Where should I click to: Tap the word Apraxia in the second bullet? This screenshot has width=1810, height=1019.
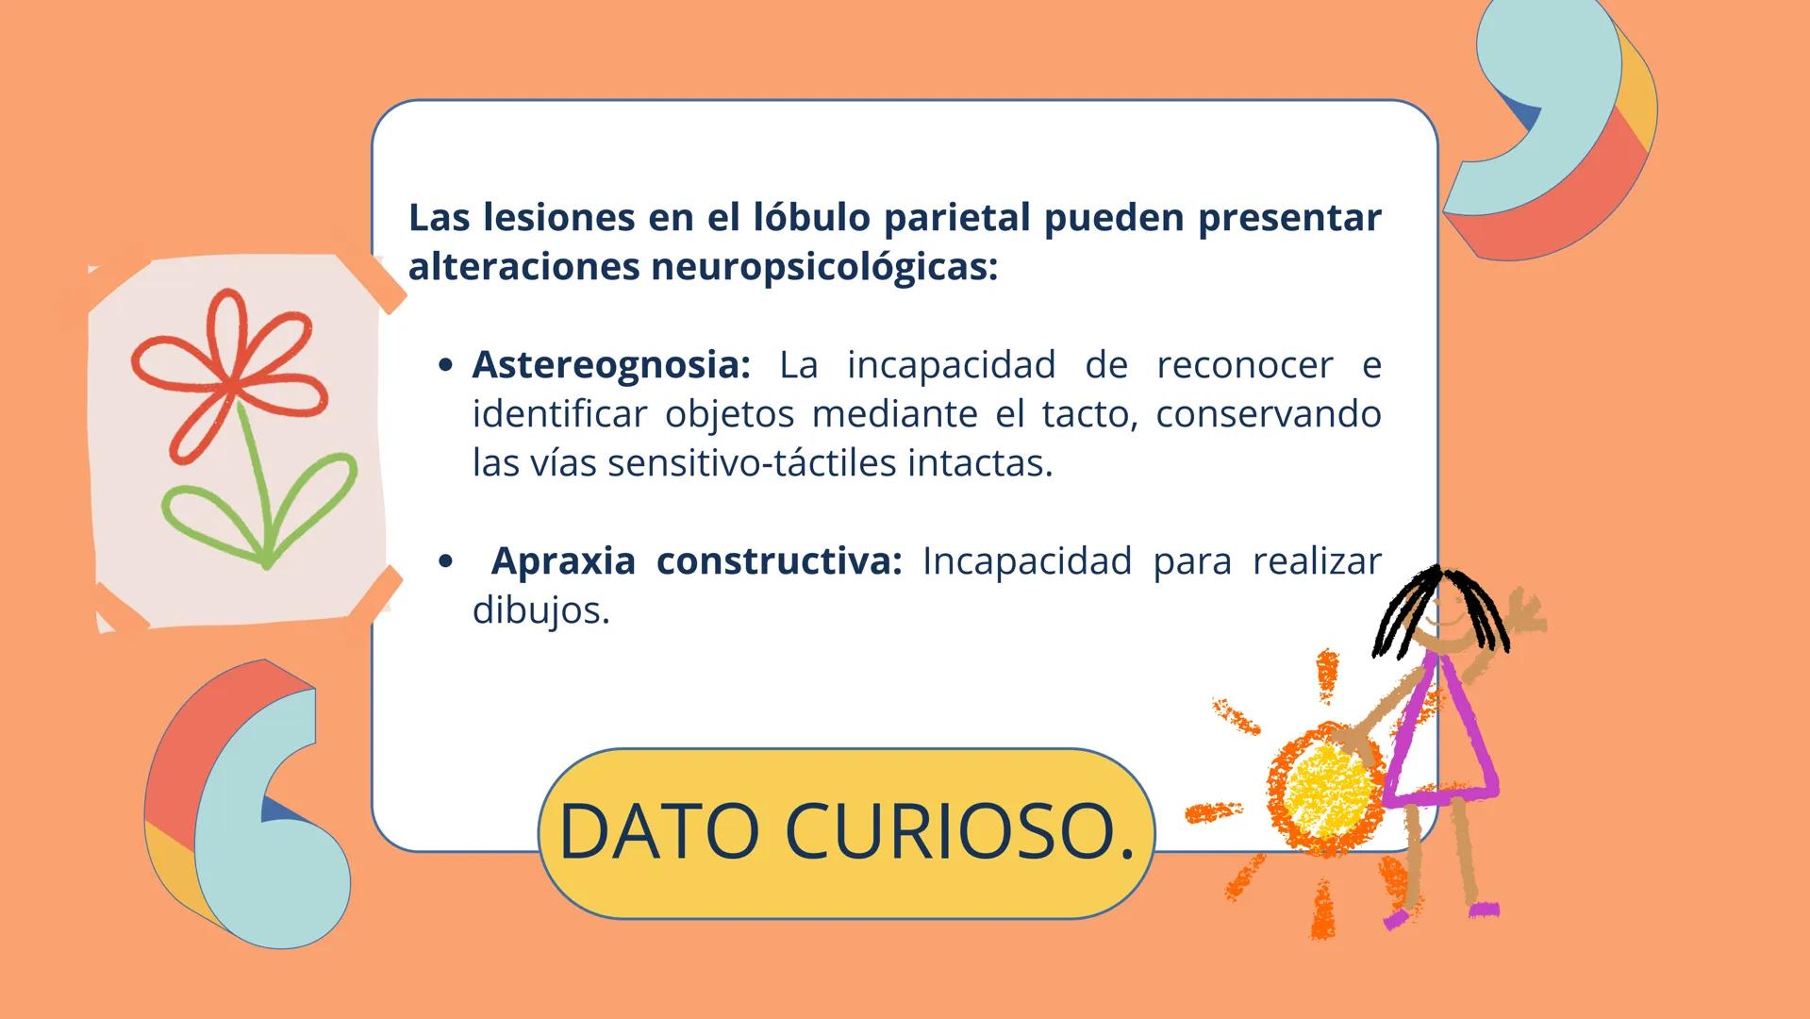(x=563, y=561)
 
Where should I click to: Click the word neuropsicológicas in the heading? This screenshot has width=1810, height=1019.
(x=822, y=267)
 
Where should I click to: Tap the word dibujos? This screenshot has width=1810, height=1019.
(x=540, y=610)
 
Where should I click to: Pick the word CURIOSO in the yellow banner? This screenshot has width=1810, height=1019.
(x=959, y=831)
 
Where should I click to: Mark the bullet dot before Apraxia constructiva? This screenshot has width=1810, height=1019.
(x=446, y=562)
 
